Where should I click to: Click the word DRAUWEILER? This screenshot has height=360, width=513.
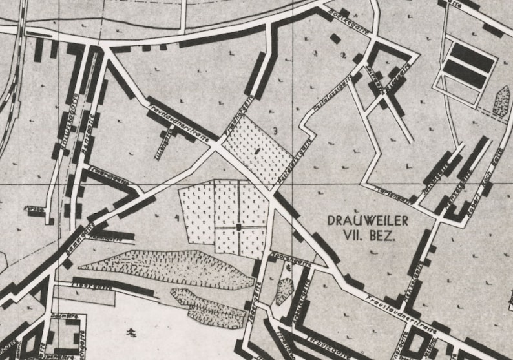[368, 221]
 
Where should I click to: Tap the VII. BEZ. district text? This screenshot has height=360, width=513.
[369, 236]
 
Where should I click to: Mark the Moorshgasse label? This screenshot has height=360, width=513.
[292, 258]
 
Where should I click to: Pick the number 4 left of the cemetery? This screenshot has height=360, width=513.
[176, 218]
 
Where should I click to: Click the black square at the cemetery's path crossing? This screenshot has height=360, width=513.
[239, 227]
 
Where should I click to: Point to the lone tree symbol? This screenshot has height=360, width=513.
[132, 333]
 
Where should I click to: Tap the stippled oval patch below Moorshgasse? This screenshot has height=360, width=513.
[284, 291]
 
